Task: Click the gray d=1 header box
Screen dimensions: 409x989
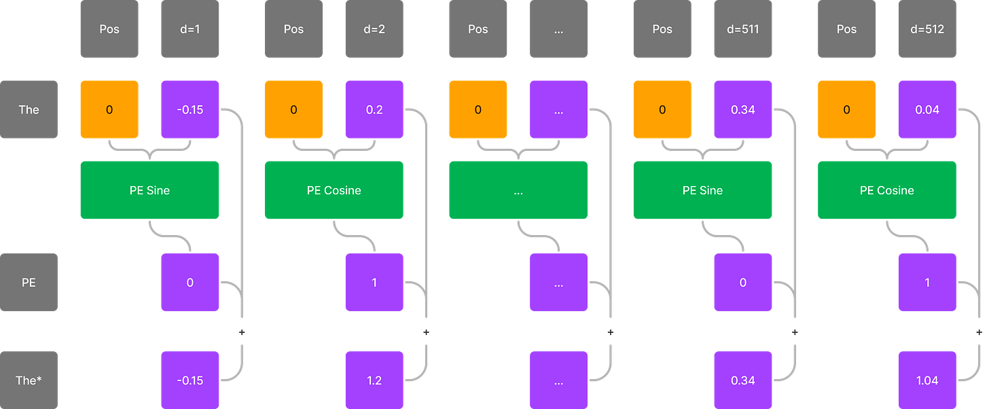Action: tap(190, 30)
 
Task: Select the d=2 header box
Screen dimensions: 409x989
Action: tap(374, 30)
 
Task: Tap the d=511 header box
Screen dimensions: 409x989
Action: tap(743, 30)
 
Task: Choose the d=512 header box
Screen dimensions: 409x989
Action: tap(927, 30)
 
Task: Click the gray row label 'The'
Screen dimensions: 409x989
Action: tap(29, 109)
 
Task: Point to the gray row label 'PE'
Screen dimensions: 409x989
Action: tap(29, 283)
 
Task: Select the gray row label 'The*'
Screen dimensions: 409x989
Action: tap(29, 380)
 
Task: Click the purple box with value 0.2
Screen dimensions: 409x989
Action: tap(374, 109)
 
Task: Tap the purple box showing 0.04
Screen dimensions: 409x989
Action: tap(927, 109)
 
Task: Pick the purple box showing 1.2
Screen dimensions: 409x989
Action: tap(374, 380)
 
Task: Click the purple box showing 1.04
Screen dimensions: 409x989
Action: tap(927, 380)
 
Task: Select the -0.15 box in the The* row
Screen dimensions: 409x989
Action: tap(190, 380)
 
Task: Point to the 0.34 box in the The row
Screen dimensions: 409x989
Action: tap(743, 109)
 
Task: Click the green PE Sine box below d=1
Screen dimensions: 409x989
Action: tap(149, 190)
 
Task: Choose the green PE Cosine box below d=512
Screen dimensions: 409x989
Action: tap(887, 190)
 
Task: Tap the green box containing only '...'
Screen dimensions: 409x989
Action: tap(518, 190)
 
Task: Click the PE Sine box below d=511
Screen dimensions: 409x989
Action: tap(702, 190)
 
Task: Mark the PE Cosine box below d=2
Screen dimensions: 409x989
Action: tap(334, 190)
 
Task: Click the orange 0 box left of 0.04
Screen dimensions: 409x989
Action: tap(846, 109)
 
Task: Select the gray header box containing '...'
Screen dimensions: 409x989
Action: tap(558, 30)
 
